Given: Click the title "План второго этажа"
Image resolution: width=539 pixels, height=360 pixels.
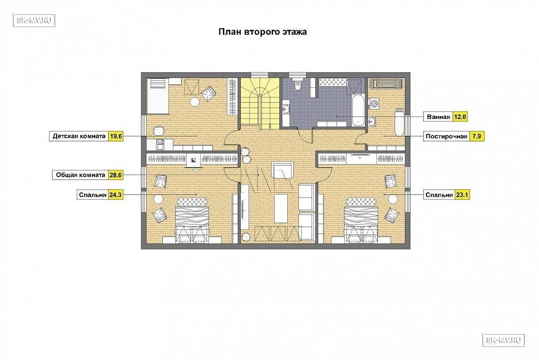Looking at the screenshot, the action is (263, 32).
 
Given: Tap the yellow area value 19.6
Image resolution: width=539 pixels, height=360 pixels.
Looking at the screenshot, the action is (116, 136).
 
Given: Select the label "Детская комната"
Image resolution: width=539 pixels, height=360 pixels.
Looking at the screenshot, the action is (79, 136).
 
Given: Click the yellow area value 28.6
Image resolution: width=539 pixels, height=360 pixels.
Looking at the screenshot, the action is (116, 175).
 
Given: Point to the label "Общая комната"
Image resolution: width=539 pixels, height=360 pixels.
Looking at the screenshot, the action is (80, 175).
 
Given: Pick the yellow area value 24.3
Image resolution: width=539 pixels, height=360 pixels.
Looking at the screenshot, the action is (116, 195).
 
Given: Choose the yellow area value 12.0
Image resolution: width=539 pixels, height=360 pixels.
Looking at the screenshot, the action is (460, 117).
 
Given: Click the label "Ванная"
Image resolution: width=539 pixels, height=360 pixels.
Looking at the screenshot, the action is (438, 117).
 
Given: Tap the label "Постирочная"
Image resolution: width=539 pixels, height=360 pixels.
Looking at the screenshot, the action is (447, 137).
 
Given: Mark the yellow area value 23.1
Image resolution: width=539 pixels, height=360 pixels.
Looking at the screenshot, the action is (462, 195).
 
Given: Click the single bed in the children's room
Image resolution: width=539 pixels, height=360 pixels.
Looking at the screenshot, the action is (158, 96).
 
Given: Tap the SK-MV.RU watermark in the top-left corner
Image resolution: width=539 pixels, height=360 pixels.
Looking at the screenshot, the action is (34, 20).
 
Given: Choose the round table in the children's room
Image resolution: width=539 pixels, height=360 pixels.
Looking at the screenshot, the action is (195, 102).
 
